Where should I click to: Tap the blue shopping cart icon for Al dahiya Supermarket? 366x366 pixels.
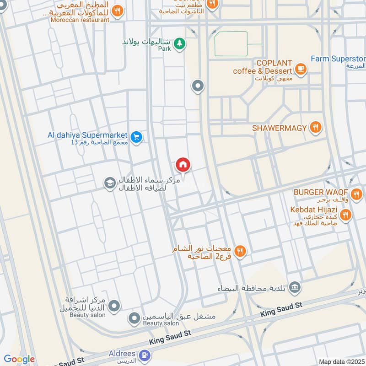(x=136, y=136)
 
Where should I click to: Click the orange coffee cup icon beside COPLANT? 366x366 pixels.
(x=301, y=69)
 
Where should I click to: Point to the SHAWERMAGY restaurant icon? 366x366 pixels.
(x=315, y=128)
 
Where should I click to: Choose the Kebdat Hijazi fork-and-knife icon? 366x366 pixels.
(x=345, y=214)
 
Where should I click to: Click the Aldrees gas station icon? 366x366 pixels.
(x=145, y=355)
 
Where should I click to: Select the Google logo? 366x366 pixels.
(x=19, y=359)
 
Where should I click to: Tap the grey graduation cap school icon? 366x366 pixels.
(x=109, y=183)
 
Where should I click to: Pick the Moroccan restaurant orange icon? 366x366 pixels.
(x=118, y=11)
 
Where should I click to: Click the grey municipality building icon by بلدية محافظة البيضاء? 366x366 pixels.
(x=296, y=287)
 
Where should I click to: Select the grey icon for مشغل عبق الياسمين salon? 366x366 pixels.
(x=134, y=318)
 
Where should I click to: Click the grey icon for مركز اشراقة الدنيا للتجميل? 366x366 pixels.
(x=114, y=305)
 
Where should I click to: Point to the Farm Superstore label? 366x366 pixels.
(x=338, y=59)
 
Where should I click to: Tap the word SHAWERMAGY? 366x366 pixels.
(x=279, y=128)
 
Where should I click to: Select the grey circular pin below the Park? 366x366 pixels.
(x=198, y=86)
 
